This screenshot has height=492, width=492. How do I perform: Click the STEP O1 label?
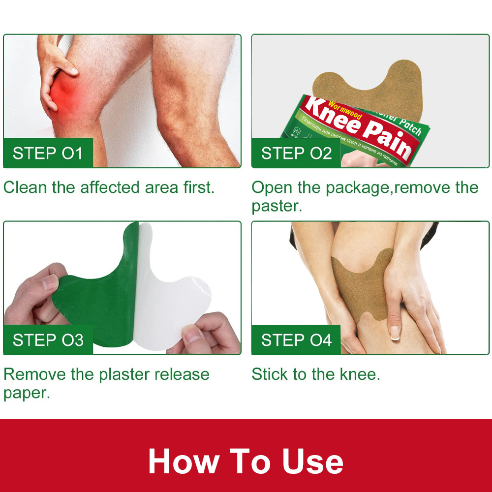(x=48, y=153)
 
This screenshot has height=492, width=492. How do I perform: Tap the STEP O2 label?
(x=296, y=153)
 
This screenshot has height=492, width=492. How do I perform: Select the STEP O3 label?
(x=48, y=340)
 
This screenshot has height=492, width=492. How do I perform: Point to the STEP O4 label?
(x=296, y=340)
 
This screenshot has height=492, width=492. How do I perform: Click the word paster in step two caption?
(x=276, y=206)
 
